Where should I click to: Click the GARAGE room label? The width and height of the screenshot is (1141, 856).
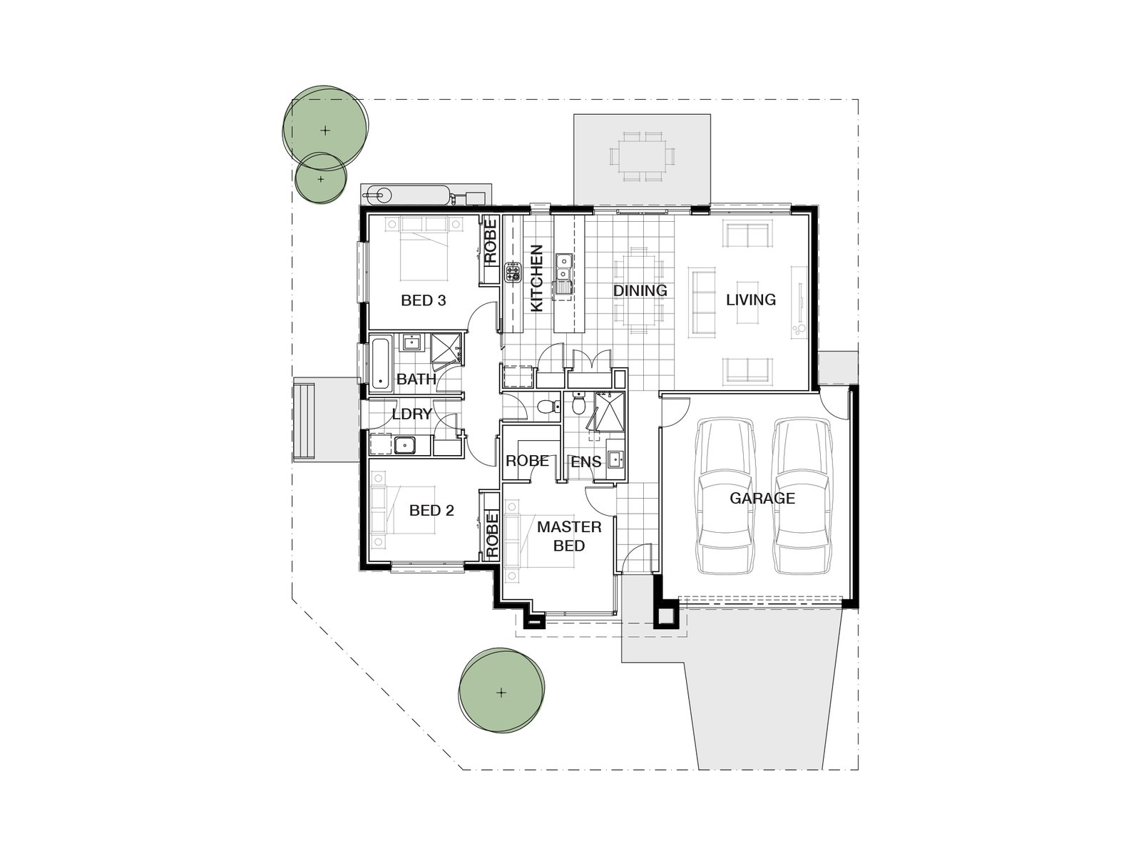coord(762,498)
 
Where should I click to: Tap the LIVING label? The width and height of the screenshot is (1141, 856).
coord(750,300)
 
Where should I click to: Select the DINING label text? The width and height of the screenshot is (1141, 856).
coord(640,290)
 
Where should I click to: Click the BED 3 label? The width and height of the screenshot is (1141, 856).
coord(423,300)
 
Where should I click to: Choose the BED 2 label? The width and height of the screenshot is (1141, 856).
coord(431,511)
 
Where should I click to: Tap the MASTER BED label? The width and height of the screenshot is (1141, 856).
coord(569,536)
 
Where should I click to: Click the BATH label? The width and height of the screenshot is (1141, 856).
coord(416,379)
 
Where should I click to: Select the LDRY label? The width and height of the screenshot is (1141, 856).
coord(411,414)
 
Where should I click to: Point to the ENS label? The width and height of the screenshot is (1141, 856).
coord(585,462)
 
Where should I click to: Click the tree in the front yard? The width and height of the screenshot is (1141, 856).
coord(501,691)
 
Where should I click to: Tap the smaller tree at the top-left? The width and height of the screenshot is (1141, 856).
coord(321,178)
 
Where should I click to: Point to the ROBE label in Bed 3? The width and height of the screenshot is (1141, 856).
coord(490,243)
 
